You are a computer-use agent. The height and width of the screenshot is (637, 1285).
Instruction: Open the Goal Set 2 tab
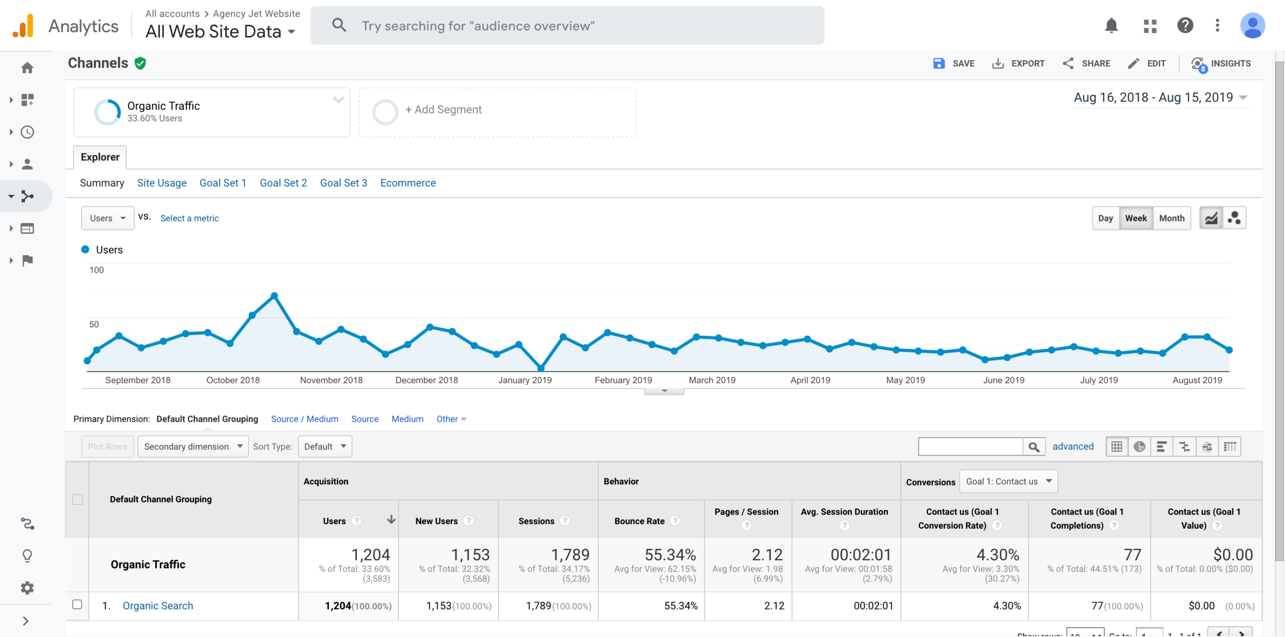tap(283, 183)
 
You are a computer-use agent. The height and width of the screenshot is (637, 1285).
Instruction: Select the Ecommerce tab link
tap(408, 183)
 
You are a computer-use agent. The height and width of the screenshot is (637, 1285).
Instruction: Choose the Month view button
tap(1172, 218)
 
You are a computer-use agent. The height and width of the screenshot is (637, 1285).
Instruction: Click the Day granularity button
tap(1105, 218)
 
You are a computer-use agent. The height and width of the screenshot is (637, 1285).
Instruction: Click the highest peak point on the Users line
tap(274, 296)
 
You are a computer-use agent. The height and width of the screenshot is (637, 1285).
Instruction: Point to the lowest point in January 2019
tap(541, 368)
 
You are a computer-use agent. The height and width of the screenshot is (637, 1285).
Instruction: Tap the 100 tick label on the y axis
tap(96, 270)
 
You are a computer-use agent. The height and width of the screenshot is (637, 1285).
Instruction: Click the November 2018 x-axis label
tap(331, 380)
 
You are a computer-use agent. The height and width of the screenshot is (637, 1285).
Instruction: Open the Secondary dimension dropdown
tap(193, 446)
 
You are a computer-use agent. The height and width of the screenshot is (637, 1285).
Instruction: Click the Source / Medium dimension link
tap(305, 419)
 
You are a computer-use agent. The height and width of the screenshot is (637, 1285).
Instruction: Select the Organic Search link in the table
tap(158, 605)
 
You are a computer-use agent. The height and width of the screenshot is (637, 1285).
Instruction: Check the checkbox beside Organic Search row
tap(77, 604)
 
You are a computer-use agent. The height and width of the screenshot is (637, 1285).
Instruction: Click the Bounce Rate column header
tap(639, 521)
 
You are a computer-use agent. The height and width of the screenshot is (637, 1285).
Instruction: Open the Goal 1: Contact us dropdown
tap(1008, 481)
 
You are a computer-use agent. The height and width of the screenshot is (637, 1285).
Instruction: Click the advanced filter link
tap(1073, 446)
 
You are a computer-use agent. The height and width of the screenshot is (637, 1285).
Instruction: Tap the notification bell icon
tap(1111, 25)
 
